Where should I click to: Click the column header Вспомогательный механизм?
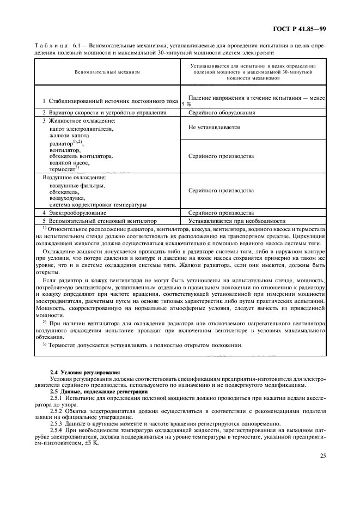pos(108,72)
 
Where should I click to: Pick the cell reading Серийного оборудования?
pos(222,112)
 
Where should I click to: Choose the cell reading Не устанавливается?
pos(214,126)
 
